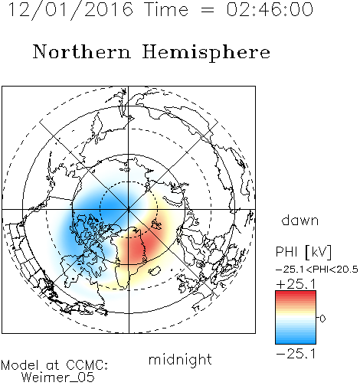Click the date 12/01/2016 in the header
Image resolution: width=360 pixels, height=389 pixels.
(70, 10)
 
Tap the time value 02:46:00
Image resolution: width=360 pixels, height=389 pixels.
(270, 9)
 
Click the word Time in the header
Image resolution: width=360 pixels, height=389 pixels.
(166, 9)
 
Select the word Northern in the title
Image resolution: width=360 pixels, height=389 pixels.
(82, 51)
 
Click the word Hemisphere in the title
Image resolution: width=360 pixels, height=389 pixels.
(206, 53)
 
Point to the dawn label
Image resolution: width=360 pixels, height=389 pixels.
(300, 220)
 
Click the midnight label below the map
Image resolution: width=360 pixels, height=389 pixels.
(180, 359)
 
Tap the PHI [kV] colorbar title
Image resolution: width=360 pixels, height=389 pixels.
(303, 252)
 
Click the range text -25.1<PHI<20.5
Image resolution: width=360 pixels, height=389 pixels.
(317, 270)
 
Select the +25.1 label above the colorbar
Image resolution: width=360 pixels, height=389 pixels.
(296, 284)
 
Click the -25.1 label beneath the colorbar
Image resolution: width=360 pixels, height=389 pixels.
(296, 354)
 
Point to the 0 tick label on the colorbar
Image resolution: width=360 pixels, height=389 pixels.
(322, 319)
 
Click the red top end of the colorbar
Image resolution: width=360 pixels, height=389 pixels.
(296, 293)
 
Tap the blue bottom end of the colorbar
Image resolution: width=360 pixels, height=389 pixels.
(296, 342)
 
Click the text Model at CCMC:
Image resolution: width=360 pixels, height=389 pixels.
(54, 365)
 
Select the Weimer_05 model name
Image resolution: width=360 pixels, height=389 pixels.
(58, 378)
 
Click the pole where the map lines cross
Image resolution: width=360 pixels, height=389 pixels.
(129, 210)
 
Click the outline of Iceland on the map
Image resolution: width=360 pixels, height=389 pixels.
(155, 270)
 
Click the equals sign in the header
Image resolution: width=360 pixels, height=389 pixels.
(207, 11)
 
